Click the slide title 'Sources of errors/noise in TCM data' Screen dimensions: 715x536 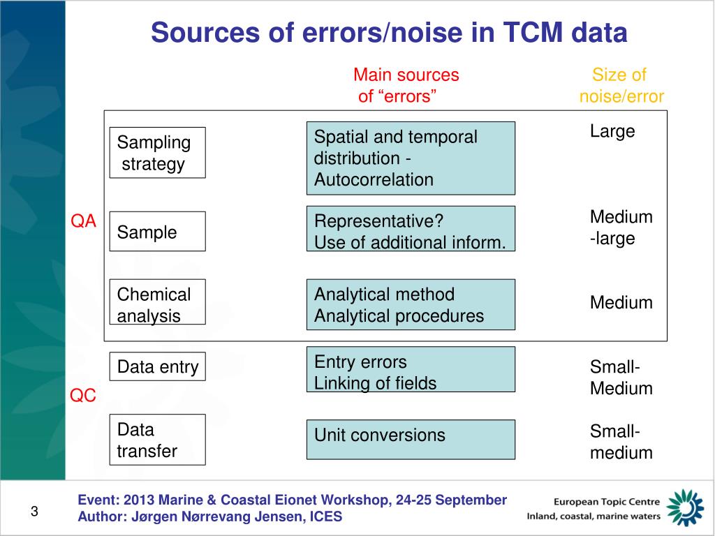[x=389, y=33]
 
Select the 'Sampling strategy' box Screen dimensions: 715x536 [x=157, y=153]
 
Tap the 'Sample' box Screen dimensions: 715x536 [x=157, y=232]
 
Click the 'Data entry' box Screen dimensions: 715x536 [x=157, y=366]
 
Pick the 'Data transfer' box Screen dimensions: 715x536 [x=157, y=440]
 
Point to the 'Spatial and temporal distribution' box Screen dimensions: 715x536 [x=411, y=158]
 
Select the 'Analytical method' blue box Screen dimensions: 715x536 [x=411, y=305]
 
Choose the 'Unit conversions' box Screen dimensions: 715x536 [x=411, y=439]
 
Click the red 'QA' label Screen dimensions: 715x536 [x=83, y=222]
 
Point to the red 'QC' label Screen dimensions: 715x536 [x=82, y=396]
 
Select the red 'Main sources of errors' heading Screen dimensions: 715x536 [x=405, y=85]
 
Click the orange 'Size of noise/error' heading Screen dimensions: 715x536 [x=621, y=85]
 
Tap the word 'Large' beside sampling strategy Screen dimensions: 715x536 [x=612, y=131]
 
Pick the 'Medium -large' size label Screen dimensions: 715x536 [x=621, y=228]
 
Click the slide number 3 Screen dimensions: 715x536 [x=34, y=513]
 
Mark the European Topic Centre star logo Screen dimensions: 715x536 [x=685, y=507]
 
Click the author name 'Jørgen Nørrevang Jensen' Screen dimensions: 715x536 [x=209, y=517]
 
